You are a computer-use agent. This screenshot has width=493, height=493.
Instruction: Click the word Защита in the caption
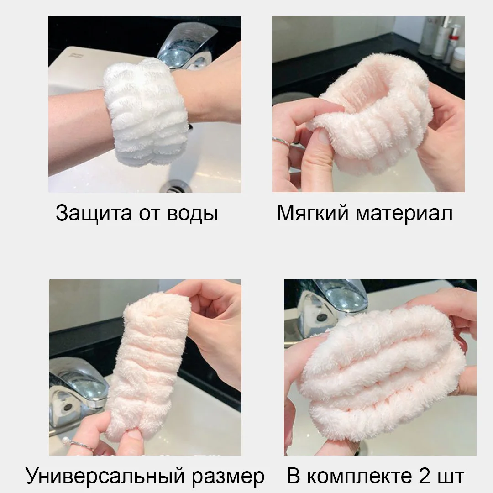click(94, 214)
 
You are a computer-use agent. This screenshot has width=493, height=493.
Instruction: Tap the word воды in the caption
click(192, 214)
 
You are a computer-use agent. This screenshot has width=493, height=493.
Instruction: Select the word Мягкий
click(313, 214)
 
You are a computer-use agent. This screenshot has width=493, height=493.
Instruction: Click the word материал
click(404, 214)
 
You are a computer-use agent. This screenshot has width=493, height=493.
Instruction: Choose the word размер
click(228, 477)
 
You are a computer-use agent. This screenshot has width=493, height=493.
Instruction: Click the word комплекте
click(359, 476)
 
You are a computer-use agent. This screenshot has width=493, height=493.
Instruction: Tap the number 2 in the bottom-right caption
click(425, 475)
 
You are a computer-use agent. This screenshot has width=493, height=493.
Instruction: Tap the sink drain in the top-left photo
click(176, 186)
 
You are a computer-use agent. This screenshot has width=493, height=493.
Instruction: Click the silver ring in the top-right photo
click(281, 142)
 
